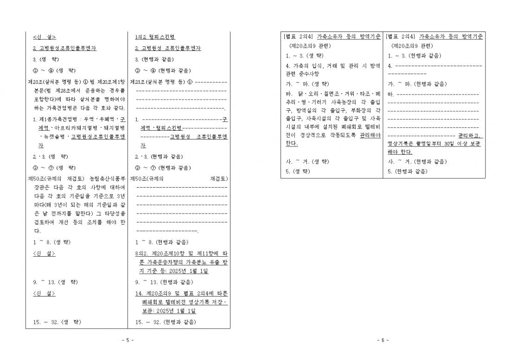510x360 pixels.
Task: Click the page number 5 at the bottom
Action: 127,340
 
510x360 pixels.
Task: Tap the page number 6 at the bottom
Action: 383,340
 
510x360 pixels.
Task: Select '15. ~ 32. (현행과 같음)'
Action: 166,322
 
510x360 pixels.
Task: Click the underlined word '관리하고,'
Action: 470,135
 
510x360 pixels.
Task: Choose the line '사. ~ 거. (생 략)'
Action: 307,162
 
